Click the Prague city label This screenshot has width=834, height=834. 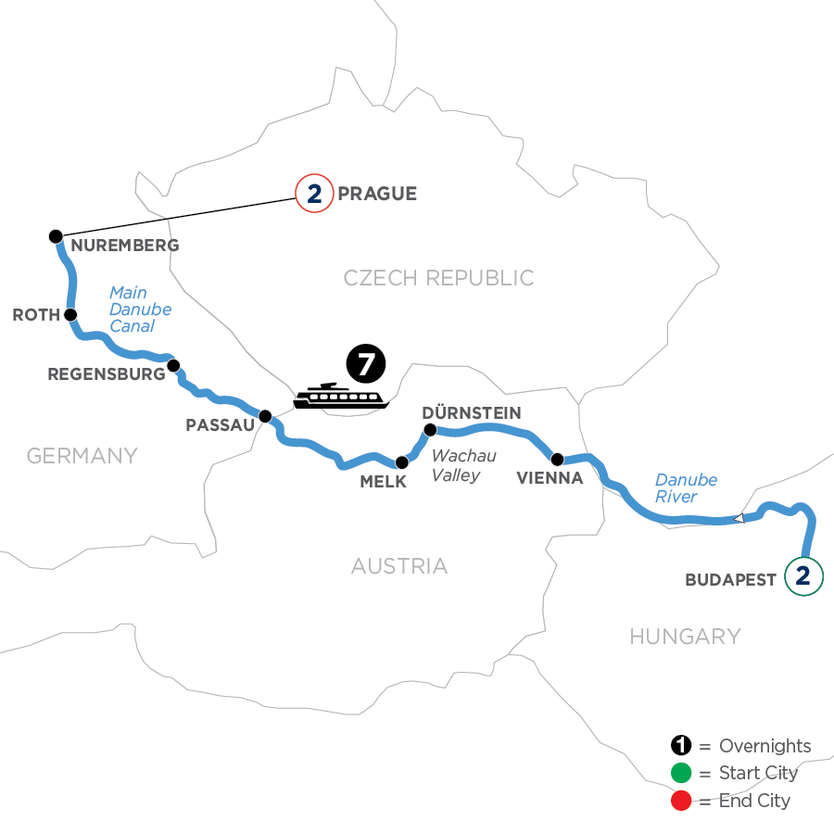pyautogui.click(x=377, y=194)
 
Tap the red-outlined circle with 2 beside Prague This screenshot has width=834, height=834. pyautogui.click(x=313, y=194)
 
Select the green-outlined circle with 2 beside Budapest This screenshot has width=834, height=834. pyautogui.click(x=803, y=576)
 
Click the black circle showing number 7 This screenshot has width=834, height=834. pyautogui.click(x=365, y=364)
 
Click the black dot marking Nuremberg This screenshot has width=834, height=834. pyautogui.click(x=55, y=236)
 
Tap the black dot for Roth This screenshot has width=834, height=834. pyautogui.click(x=69, y=315)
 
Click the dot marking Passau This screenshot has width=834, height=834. pyautogui.click(x=264, y=416)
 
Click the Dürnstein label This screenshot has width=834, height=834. pyautogui.click(x=471, y=411)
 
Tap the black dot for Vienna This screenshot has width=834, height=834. pyautogui.click(x=557, y=459)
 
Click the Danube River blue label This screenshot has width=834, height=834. pyautogui.click(x=686, y=487)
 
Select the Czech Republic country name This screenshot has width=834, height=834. pyautogui.click(x=438, y=278)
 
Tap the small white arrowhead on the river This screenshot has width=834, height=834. pyautogui.click(x=739, y=519)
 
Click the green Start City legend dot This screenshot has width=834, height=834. pyautogui.click(x=682, y=774)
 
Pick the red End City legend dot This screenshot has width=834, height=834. pyautogui.click(x=682, y=801)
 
